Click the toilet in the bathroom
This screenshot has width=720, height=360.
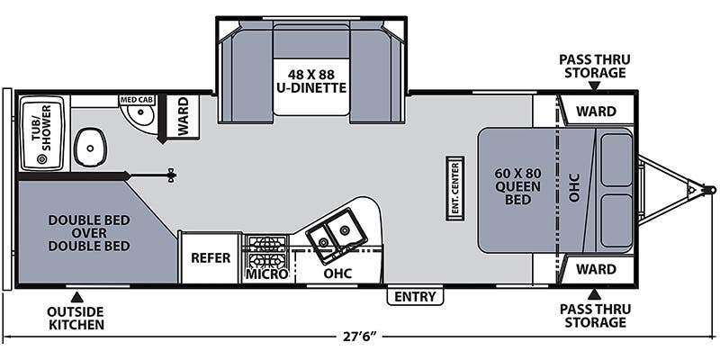89,146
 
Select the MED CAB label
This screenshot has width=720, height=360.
136,100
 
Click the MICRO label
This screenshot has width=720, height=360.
267,273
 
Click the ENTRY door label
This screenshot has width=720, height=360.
415,296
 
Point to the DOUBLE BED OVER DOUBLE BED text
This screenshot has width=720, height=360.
89,232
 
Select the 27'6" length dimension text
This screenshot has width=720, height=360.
357,337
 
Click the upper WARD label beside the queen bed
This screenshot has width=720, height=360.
596,112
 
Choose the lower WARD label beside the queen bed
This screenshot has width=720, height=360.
596,268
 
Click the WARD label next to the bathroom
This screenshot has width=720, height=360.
184,118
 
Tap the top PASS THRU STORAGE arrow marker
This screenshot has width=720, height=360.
594,85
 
